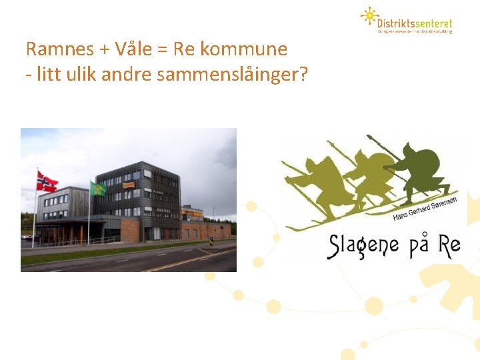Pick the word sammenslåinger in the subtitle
tap(232, 75)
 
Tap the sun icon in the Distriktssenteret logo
tap(369, 15)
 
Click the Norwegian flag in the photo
tap(47, 181)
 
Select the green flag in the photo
tap(98, 189)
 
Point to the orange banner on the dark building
tap(129, 185)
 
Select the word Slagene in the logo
tap(363, 245)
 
